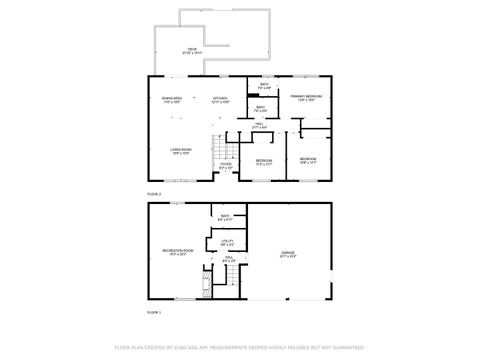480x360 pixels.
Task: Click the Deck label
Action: (193, 51)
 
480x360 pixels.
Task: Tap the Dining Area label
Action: (171, 100)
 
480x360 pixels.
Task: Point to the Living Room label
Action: (180, 151)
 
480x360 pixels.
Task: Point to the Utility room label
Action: (226, 243)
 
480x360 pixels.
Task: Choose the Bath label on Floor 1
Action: (226, 218)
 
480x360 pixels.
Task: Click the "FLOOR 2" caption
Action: (154, 193)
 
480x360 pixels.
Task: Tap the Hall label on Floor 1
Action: (228, 260)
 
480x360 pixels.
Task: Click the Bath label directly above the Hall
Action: (260, 109)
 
